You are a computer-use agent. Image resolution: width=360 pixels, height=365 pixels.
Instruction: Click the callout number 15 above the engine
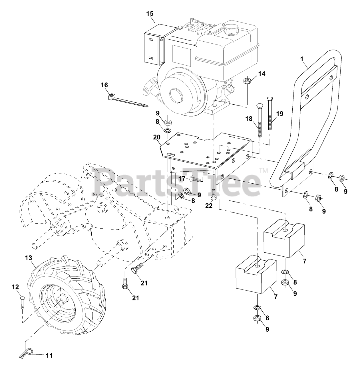[150, 13]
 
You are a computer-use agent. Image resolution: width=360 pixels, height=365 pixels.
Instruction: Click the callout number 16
[104, 85]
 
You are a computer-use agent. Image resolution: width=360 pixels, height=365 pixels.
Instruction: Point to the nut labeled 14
[247, 81]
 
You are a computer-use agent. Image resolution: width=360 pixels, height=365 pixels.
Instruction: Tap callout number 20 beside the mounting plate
[157, 137]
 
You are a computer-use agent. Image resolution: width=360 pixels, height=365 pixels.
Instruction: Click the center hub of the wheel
[61, 302]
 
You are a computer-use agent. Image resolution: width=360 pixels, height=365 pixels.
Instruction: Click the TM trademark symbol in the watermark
[263, 171]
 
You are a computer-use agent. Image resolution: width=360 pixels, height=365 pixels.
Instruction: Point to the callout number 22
[209, 206]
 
